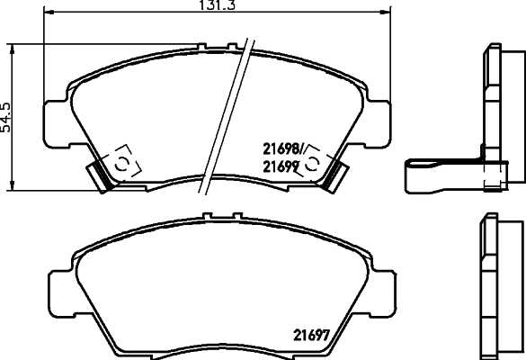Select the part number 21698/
click(x=282, y=148)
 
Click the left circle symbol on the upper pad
click(x=120, y=163)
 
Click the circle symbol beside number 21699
click(x=313, y=164)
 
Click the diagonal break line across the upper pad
click(x=225, y=117)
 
